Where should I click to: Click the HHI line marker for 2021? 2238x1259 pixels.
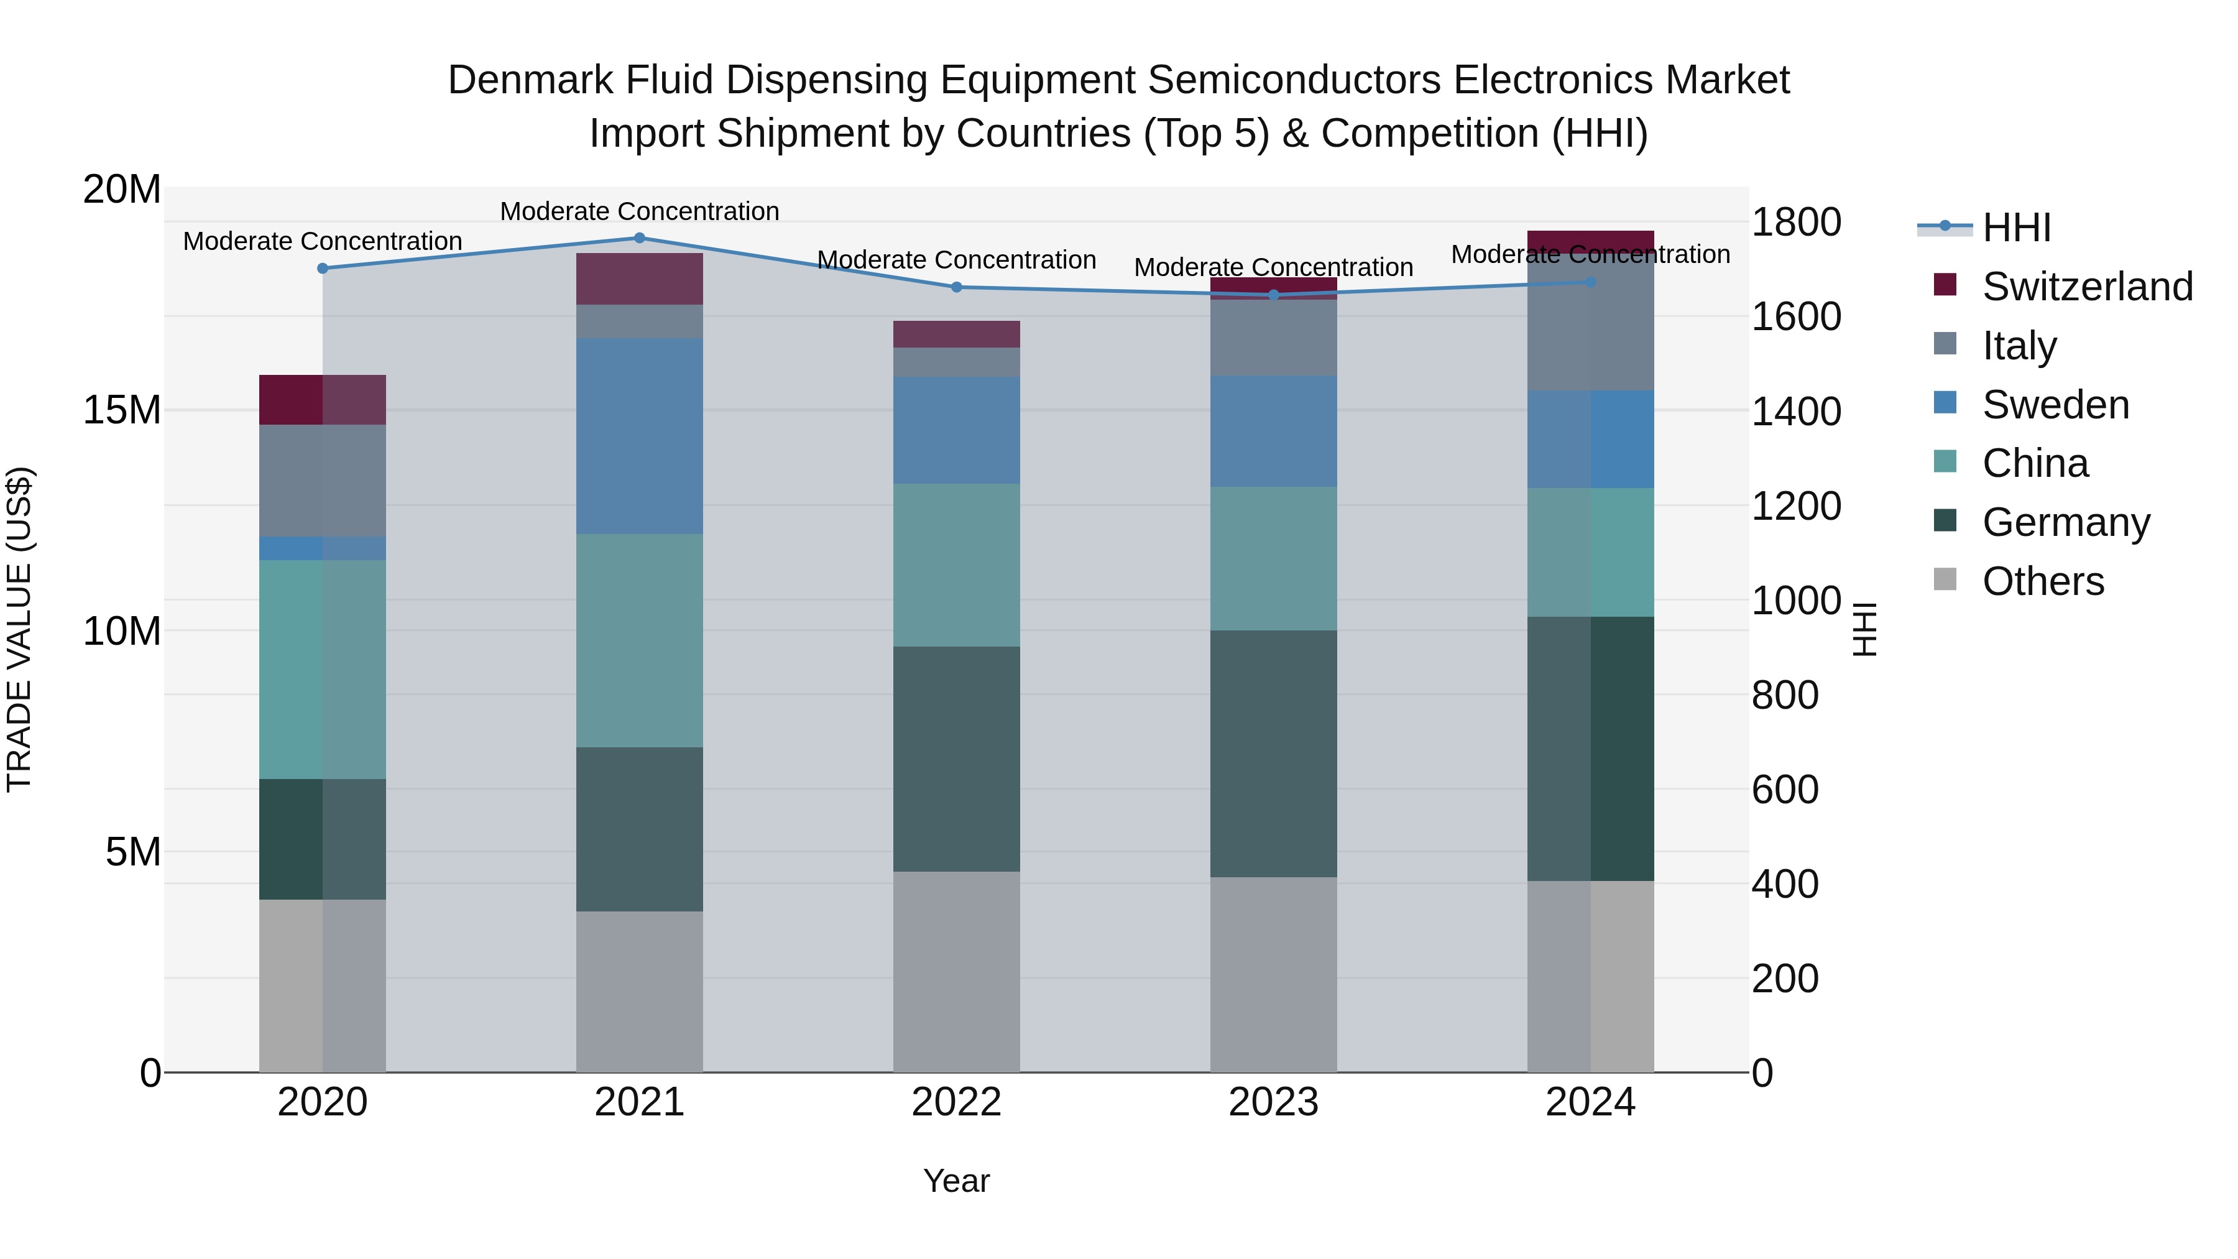point(640,238)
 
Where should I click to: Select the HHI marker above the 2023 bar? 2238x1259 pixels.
point(1274,295)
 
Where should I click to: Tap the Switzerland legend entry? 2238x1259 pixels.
point(2087,287)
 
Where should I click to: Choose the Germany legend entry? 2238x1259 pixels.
point(2065,522)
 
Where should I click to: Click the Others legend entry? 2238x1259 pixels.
point(2043,581)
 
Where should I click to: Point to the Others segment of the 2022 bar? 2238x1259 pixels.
point(957,971)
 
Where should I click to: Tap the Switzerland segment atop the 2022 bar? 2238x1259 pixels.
point(957,334)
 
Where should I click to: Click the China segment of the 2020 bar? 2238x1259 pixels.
point(322,669)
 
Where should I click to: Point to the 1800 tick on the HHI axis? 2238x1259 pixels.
point(1795,223)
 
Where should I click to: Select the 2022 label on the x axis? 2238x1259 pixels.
point(957,1102)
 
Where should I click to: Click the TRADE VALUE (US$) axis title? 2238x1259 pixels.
point(19,629)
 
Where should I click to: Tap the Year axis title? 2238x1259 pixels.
point(957,1181)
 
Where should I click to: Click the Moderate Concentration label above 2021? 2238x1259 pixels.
point(640,211)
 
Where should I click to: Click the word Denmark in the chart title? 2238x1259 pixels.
point(529,81)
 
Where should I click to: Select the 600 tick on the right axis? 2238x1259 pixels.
point(1784,790)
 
